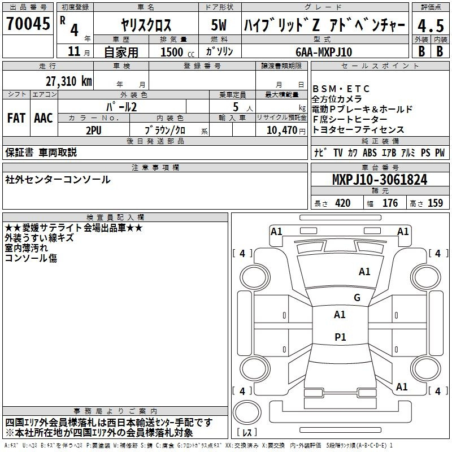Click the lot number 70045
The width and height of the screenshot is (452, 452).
tap(28, 23)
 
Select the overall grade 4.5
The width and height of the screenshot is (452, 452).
tap(431, 26)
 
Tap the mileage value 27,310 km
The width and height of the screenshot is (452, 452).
tap(68, 81)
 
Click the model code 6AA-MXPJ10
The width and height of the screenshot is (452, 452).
tap(324, 52)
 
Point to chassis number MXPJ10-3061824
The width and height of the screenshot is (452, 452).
tap(380, 180)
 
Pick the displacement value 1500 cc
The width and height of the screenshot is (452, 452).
tap(177, 52)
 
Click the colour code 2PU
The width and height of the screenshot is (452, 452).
tap(94, 131)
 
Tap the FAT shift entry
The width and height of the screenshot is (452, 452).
tap(16, 118)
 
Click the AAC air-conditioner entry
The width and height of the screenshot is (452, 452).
tap(44, 118)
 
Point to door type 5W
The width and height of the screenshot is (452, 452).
tap(219, 25)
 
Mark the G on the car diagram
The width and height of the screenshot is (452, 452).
tap(357, 297)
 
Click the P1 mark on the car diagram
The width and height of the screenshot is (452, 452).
tap(340, 337)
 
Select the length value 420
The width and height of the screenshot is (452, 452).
tap(343, 203)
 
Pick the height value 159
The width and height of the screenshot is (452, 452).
tap(435, 203)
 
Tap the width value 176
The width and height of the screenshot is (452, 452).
tap(390, 203)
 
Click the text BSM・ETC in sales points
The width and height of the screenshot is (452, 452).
tap(341, 89)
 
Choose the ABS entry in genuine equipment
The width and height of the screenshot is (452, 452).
tap(370, 153)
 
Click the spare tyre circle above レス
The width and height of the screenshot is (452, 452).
tap(247, 412)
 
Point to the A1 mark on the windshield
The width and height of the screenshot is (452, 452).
tap(364, 272)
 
